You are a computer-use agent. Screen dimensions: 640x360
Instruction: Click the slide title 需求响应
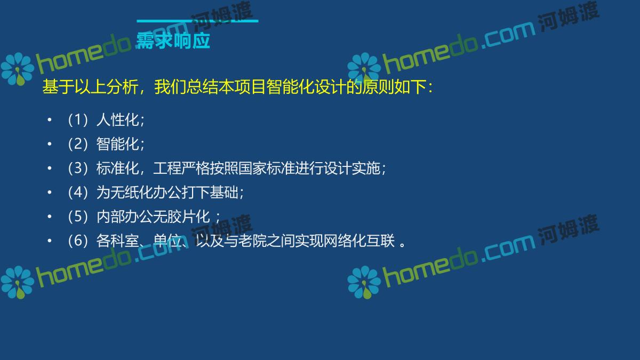(173, 41)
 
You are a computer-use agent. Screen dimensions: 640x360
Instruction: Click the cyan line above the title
(197, 21)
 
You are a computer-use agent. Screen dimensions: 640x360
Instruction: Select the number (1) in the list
(78, 119)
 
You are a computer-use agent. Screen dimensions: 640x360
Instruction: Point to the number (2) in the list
(78, 143)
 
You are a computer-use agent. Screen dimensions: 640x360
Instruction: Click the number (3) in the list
(78, 168)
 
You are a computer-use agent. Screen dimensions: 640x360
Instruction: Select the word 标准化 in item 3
(118, 168)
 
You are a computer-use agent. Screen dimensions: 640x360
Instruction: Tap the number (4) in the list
(78, 193)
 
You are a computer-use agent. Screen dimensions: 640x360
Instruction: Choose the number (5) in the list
(78, 217)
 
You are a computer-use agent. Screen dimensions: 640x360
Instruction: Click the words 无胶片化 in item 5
(182, 217)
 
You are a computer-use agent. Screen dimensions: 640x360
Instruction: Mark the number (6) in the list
(78, 241)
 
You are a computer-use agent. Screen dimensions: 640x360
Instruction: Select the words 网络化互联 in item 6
(359, 241)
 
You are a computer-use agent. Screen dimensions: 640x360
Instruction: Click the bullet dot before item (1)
(50, 119)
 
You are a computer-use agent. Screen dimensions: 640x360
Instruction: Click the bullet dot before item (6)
(50, 241)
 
